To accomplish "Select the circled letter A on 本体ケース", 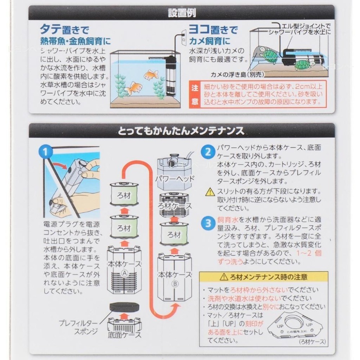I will tap(124, 273).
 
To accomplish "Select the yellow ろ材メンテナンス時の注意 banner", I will tap(264, 277).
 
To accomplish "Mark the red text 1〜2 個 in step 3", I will tap(309, 253).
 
